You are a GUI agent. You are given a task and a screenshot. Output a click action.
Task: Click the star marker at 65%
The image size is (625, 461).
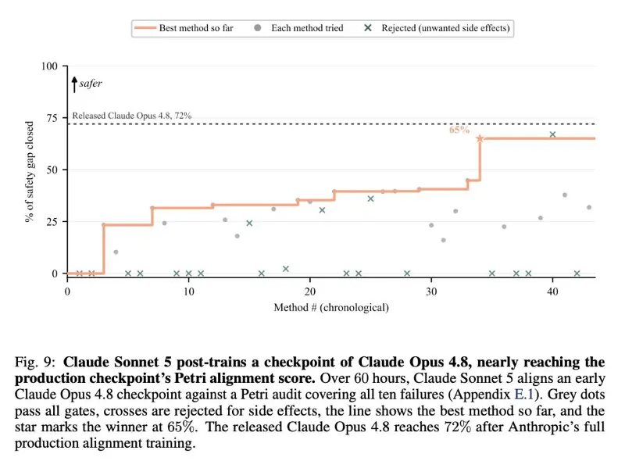click(x=480, y=138)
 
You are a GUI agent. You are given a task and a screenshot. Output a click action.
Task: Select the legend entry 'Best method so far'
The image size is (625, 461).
click(x=184, y=28)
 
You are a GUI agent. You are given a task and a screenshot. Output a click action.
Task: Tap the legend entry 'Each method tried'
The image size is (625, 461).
click(x=298, y=28)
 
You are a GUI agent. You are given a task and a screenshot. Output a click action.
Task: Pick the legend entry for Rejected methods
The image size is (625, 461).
click(x=437, y=28)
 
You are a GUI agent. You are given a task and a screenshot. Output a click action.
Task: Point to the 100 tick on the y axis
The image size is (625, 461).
click(x=49, y=66)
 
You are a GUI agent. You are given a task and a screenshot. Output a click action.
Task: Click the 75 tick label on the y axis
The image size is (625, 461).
click(x=52, y=118)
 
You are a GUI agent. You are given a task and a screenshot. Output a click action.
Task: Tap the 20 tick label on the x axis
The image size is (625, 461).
click(x=309, y=291)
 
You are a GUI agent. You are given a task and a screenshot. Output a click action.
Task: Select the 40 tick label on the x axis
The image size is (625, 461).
click(x=552, y=291)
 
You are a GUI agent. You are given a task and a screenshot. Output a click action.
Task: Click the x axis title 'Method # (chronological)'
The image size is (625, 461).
click(x=331, y=308)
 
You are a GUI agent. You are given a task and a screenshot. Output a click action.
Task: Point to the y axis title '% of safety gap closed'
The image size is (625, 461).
click(x=29, y=171)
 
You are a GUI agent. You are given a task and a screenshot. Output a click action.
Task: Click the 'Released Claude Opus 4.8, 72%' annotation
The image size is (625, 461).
click(x=132, y=116)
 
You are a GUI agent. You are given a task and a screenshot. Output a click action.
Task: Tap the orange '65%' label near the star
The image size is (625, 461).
click(x=459, y=130)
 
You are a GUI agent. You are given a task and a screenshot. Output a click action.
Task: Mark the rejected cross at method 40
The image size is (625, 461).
click(x=552, y=134)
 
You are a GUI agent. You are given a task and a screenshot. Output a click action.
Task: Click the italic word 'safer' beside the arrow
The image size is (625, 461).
click(x=91, y=84)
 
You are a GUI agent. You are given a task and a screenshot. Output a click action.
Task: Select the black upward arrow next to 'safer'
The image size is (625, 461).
click(x=74, y=84)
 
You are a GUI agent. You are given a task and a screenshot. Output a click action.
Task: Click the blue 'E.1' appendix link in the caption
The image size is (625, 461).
click(x=523, y=394)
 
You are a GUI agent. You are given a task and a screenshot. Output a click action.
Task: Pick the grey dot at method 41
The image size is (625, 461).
click(x=565, y=195)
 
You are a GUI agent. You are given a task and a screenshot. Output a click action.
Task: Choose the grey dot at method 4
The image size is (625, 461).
click(x=116, y=252)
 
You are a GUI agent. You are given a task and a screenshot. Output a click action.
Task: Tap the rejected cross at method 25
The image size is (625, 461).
click(x=370, y=198)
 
